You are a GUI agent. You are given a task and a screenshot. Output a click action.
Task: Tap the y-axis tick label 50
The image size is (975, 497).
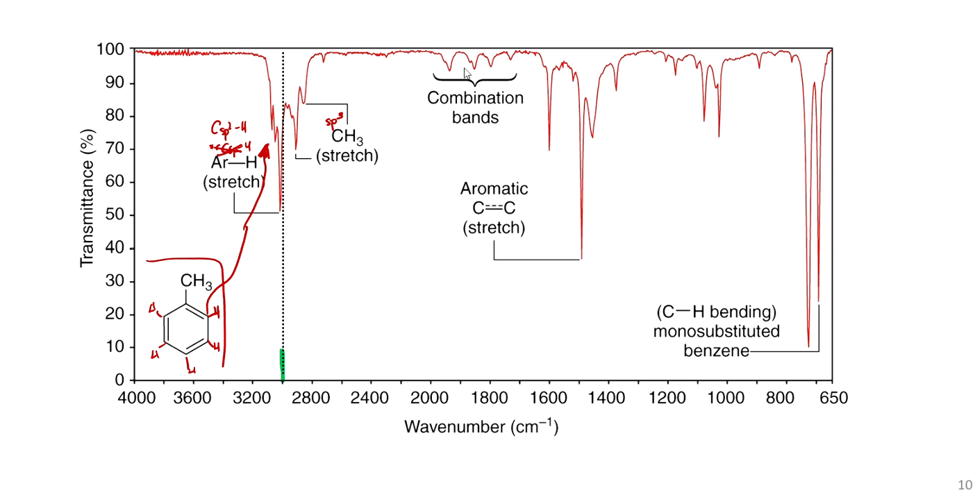[115, 215]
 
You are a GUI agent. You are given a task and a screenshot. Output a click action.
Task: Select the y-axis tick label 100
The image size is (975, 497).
[111, 50]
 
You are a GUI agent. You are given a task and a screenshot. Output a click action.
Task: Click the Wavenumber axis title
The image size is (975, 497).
[481, 426]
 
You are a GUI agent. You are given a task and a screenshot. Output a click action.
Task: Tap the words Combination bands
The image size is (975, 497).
[475, 108]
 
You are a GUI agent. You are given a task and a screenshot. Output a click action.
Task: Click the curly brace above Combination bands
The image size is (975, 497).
[475, 78]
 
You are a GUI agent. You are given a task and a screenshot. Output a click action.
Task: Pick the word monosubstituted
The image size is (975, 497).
[716, 331]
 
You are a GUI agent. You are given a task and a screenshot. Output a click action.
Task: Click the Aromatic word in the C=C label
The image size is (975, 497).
[494, 189]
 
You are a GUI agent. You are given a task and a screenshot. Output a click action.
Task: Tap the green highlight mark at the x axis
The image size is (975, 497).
[282, 364]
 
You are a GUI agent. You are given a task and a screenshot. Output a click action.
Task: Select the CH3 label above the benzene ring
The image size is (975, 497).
[196, 282]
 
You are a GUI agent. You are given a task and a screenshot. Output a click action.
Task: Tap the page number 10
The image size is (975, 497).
[965, 485]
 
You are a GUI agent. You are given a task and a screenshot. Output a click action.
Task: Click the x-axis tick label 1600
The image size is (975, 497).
[549, 398]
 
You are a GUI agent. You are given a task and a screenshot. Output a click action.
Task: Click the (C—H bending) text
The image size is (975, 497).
[716, 312]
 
